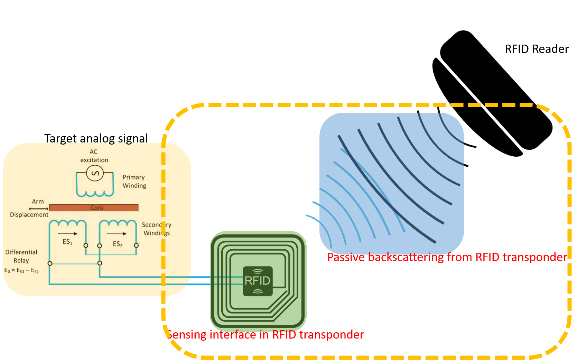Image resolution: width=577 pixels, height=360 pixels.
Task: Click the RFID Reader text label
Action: (536, 49)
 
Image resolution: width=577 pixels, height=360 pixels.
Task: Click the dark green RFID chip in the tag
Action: (258, 281)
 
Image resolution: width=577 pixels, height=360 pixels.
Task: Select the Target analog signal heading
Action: (96, 138)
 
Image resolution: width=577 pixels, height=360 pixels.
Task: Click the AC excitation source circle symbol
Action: (95, 173)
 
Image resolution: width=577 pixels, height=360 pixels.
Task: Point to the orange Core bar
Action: (94, 207)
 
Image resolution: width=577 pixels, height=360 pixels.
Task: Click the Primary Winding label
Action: (134, 181)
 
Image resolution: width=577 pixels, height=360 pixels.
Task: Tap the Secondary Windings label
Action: (156, 229)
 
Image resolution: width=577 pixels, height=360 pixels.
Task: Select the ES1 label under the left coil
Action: (67, 242)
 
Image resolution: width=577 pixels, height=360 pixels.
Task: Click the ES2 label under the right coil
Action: (118, 244)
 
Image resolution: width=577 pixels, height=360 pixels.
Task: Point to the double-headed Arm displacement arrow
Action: (38, 209)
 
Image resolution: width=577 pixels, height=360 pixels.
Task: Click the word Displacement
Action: (29, 215)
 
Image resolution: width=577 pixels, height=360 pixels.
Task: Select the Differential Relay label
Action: (21, 256)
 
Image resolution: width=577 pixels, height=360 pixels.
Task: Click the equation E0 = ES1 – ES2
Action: (21, 270)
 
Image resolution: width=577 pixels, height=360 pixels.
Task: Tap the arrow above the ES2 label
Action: (117, 234)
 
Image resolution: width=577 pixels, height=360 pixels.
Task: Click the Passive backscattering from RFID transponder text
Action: (447, 257)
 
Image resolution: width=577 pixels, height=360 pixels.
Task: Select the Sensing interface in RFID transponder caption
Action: (265, 335)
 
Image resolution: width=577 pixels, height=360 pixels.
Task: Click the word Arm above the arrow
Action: (38, 201)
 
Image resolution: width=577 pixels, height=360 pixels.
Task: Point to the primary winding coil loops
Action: (95, 193)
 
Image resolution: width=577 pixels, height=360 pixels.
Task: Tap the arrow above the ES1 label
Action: (67, 234)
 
